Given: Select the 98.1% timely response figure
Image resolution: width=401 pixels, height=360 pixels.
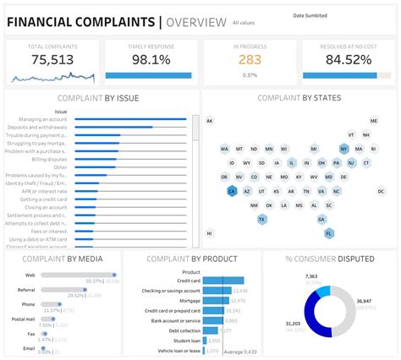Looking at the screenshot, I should pos(150,61).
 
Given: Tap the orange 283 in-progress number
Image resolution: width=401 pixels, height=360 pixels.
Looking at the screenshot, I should pos(250,60).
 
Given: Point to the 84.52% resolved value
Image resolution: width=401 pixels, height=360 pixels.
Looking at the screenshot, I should pos(349,61).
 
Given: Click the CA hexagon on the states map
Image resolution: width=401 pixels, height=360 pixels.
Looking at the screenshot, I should pos(231,192).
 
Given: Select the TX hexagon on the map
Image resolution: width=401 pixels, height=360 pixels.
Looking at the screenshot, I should pos(262,219).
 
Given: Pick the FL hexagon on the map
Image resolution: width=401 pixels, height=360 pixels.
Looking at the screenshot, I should pos(329,233).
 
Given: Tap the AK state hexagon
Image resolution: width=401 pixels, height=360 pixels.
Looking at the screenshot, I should pos(209,121).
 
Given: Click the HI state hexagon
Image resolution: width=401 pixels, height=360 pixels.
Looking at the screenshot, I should pos(209,233).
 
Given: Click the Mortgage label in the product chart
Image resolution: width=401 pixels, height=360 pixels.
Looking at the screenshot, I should pos(190,300).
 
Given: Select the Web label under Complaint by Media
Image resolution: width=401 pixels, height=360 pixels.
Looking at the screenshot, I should pos(30,275).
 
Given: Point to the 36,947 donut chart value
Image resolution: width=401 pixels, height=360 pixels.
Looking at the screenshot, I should pos(363,301).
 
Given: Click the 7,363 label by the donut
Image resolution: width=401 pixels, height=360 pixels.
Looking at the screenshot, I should pos(311,276).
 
